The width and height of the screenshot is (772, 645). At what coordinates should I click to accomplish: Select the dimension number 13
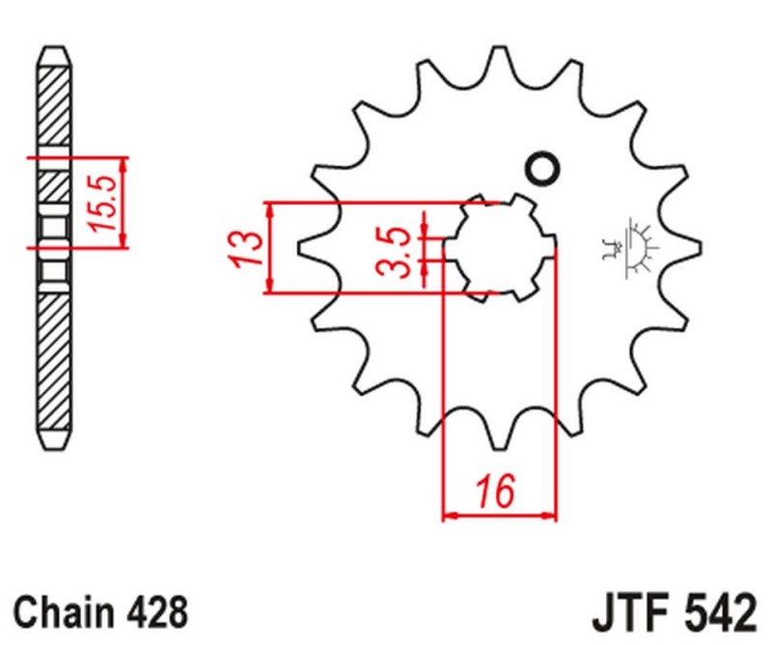246,247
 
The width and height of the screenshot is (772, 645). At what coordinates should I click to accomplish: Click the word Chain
66,612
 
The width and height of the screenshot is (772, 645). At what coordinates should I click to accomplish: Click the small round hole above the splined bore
541,169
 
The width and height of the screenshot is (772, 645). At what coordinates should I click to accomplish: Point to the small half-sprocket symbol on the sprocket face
632,247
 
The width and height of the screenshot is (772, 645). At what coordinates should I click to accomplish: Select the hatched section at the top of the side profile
54,106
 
